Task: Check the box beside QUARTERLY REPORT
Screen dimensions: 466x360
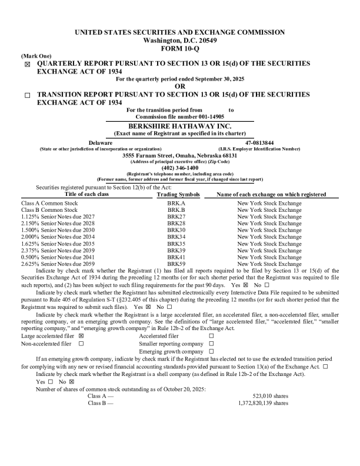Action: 27,64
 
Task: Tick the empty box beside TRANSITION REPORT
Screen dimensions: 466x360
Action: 27,95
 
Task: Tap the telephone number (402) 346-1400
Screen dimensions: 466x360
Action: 180,168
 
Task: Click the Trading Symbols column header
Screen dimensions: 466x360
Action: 178,194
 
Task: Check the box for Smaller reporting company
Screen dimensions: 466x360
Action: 211,344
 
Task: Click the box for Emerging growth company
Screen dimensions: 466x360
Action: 211,351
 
